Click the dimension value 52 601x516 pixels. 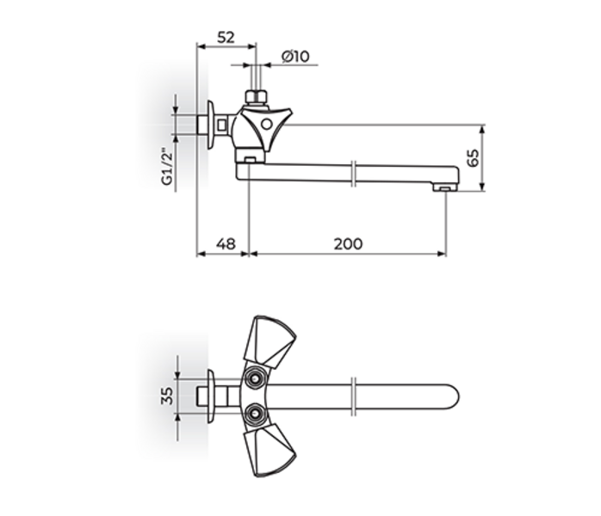click(x=226, y=37)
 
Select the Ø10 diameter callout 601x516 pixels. click(x=295, y=57)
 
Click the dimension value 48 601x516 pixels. click(x=225, y=244)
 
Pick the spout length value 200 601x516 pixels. click(x=348, y=244)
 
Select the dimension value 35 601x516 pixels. click(x=168, y=396)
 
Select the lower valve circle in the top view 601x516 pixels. click(x=254, y=415)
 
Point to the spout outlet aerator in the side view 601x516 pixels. click(x=443, y=186)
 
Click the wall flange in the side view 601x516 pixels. click(x=209, y=125)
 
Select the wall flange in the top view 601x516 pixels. click(x=209, y=396)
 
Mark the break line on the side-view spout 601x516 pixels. click(x=354, y=172)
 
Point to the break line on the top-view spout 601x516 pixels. click(x=354, y=396)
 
